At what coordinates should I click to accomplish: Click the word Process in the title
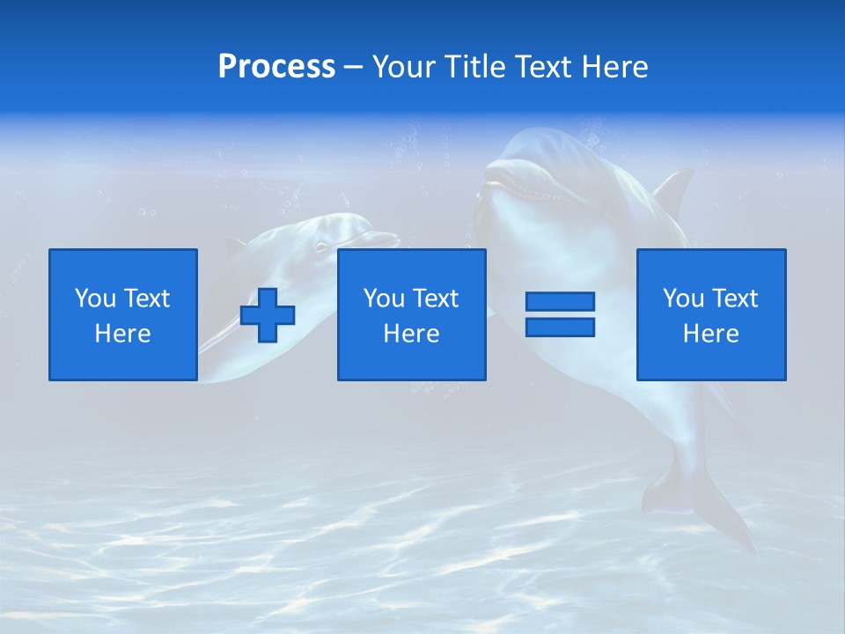click(276, 67)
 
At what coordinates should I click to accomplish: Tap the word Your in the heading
click(406, 67)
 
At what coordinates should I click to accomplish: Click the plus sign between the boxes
click(268, 315)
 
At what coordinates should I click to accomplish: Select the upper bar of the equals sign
click(560, 301)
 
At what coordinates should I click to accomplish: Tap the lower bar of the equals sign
click(560, 327)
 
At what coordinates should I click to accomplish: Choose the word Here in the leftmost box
click(122, 334)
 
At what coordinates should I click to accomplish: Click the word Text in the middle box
click(435, 299)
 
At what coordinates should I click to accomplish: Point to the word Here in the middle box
click(411, 334)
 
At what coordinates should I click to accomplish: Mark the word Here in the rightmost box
click(710, 334)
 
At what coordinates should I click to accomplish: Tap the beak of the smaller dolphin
click(383, 238)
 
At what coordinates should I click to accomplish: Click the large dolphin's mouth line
click(519, 188)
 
